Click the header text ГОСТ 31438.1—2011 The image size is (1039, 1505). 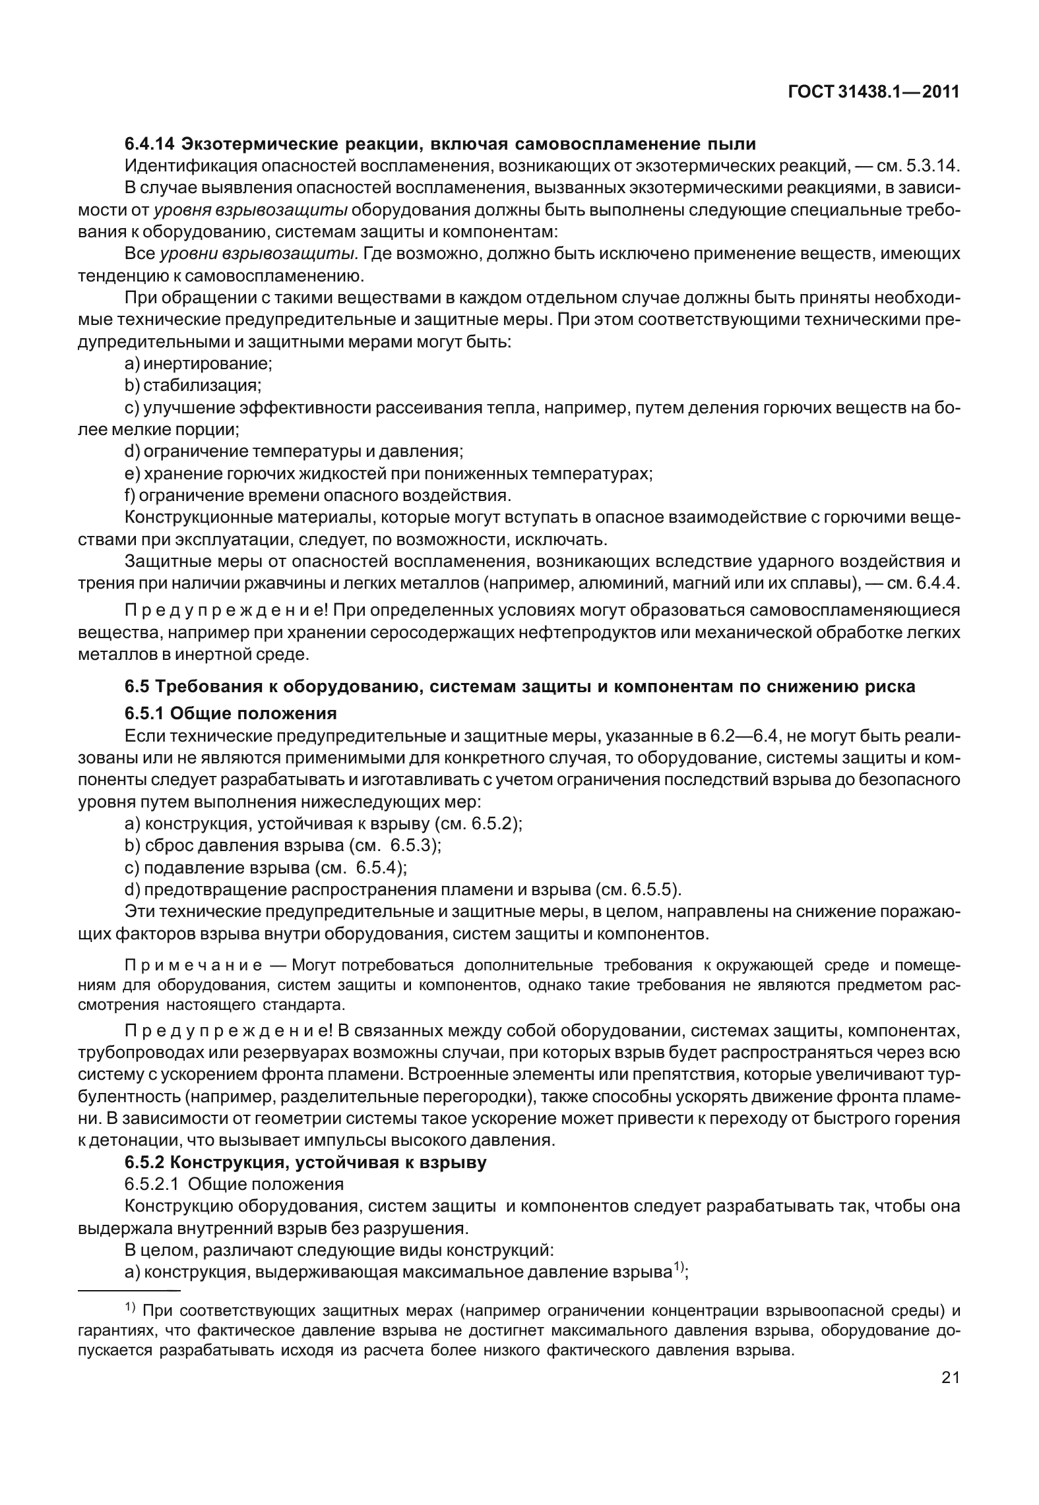coord(873,92)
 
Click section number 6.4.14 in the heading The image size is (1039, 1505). coord(150,142)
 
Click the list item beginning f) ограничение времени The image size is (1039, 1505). coord(317,495)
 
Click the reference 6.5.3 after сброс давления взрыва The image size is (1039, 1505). coord(412,845)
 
